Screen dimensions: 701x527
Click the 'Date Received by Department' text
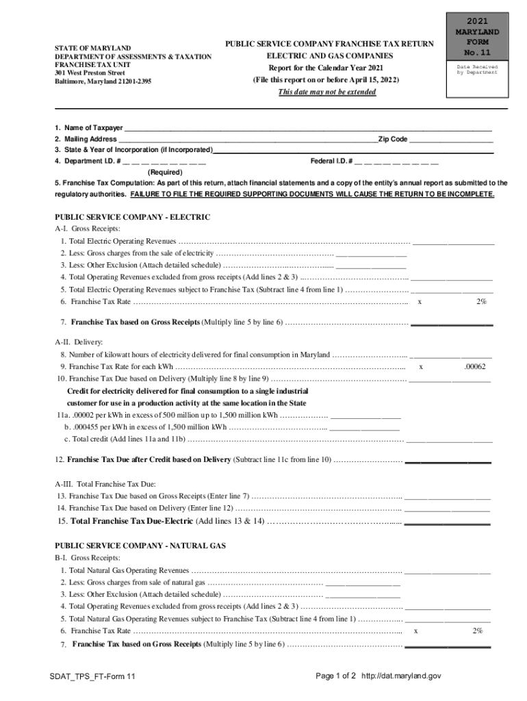pyautogui.click(x=477, y=69)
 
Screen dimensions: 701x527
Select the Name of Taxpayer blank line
pyautogui.click(x=308, y=127)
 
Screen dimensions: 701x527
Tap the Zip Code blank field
pyautogui.click(x=451, y=138)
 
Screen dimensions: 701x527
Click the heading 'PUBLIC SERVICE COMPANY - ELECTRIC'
pyautogui.click(x=133, y=217)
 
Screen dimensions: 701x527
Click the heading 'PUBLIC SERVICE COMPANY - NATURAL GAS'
pyautogui.click(x=140, y=546)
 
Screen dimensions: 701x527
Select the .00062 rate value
pyautogui.click(x=474, y=367)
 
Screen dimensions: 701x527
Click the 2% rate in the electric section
pyautogui.click(x=482, y=301)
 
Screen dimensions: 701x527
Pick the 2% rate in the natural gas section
pyautogui.click(x=477, y=630)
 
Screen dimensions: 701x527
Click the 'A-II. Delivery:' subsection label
pyautogui.click(x=79, y=342)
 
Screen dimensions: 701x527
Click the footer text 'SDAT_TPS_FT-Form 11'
pyautogui.click(x=92, y=676)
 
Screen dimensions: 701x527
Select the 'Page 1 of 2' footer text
pyautogui.click(x=335, y=676)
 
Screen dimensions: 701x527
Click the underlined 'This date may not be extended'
pyautogui.click(x=326, y=92)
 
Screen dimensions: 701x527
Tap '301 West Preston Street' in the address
pyautogui.click(x=90, y=73)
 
